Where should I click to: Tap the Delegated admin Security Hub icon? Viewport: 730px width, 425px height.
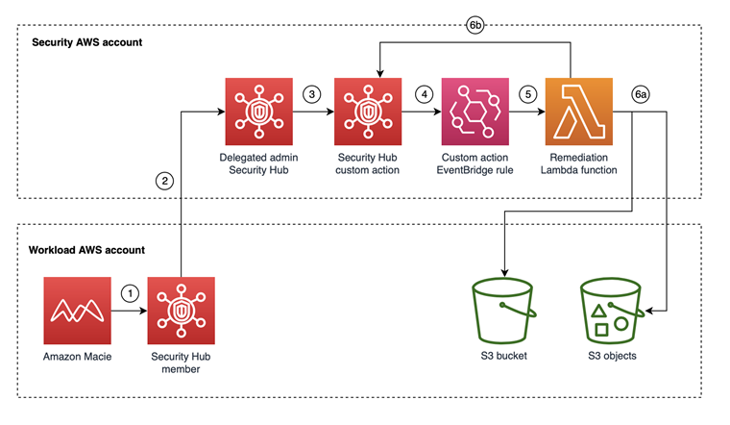[x=256, y=112]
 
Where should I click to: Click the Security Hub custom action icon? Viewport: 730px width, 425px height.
[x=368, y=112]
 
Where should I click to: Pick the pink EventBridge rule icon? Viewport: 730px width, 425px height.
[x=474, y=112]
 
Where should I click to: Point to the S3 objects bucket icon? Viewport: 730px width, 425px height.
[x=612, y=309]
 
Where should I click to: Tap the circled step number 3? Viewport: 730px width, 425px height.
[x=311, y=94]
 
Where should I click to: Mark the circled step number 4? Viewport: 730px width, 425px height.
[x=423, y=94]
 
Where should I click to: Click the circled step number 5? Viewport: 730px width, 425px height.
[x=526, y=94]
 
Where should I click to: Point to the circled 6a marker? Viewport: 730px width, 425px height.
[x=640, y=94]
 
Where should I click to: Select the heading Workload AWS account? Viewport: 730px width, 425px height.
[x=87, y=250]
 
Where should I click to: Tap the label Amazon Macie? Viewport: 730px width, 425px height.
[x=77, y=357]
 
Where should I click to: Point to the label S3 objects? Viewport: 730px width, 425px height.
[x=612, y=357]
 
